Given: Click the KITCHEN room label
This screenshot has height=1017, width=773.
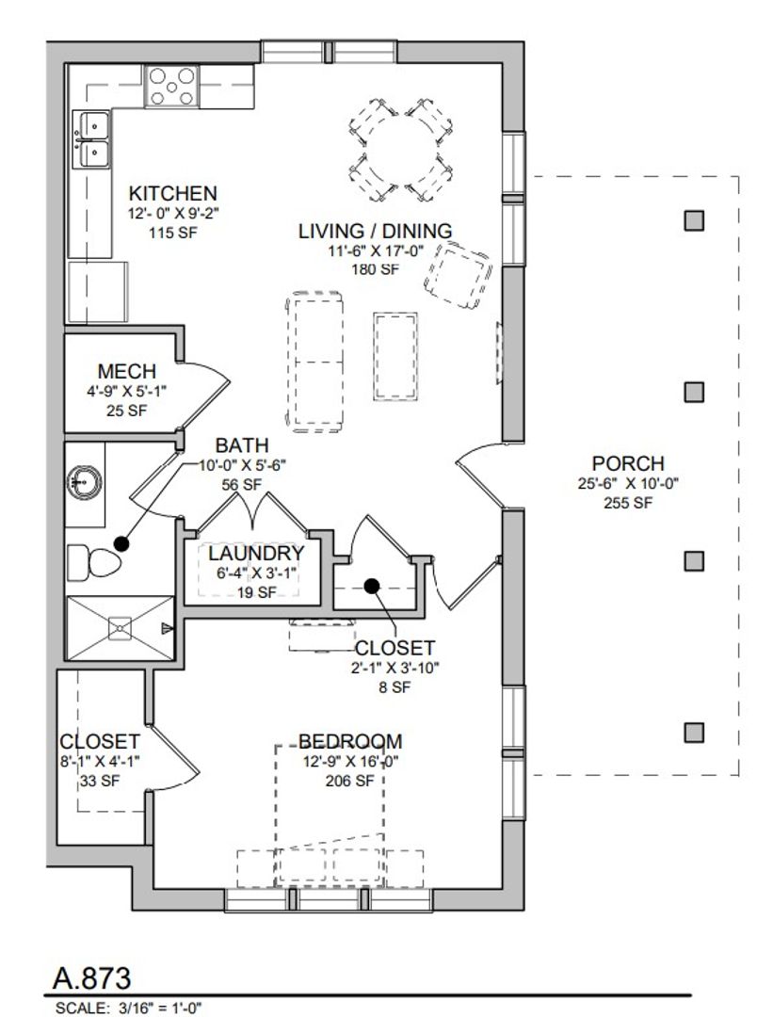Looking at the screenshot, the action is (x=172, y=193).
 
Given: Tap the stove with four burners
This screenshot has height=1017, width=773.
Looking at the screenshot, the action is (x=172, y=86).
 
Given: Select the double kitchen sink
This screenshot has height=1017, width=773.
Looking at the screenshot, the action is (x=90, y=138).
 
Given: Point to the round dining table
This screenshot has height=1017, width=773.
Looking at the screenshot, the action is (x=401, y=151).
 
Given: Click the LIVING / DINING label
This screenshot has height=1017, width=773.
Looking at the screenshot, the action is (x=375, y=231).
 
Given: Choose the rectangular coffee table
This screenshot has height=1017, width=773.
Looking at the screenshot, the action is (x=395, y=356).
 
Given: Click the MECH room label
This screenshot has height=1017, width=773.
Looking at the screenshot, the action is (x=126, y=372).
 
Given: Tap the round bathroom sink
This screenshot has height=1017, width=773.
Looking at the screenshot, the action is (x=84, y=482).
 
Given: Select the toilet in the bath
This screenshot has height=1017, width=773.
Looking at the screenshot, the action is (x=94, y=562).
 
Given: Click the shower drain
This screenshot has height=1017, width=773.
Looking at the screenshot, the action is (x=120, y=628).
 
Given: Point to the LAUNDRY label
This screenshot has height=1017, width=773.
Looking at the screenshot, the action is (x=255, y=554).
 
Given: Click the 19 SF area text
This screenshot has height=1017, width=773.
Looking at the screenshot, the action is (x=255, y=592).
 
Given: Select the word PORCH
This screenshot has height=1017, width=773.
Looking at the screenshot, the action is (x=628, y=463).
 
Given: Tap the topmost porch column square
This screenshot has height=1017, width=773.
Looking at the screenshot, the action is (x=694, y=220).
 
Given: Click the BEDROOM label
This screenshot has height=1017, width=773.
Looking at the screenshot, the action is (x=350, y=741).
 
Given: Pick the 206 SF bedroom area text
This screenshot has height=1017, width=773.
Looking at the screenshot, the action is (x=350, y=781).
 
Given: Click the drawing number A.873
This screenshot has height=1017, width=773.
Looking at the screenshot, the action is (x=92, y=978).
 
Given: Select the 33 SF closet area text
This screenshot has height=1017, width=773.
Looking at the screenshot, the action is (x=100, y=781).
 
